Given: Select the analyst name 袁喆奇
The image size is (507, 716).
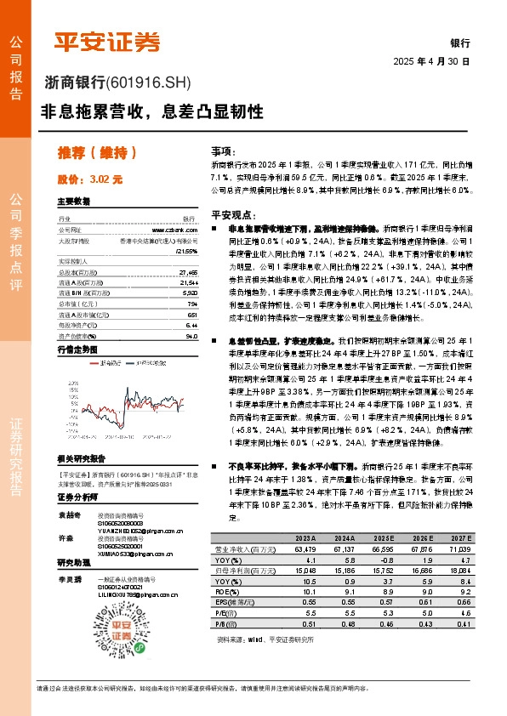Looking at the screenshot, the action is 69,515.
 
